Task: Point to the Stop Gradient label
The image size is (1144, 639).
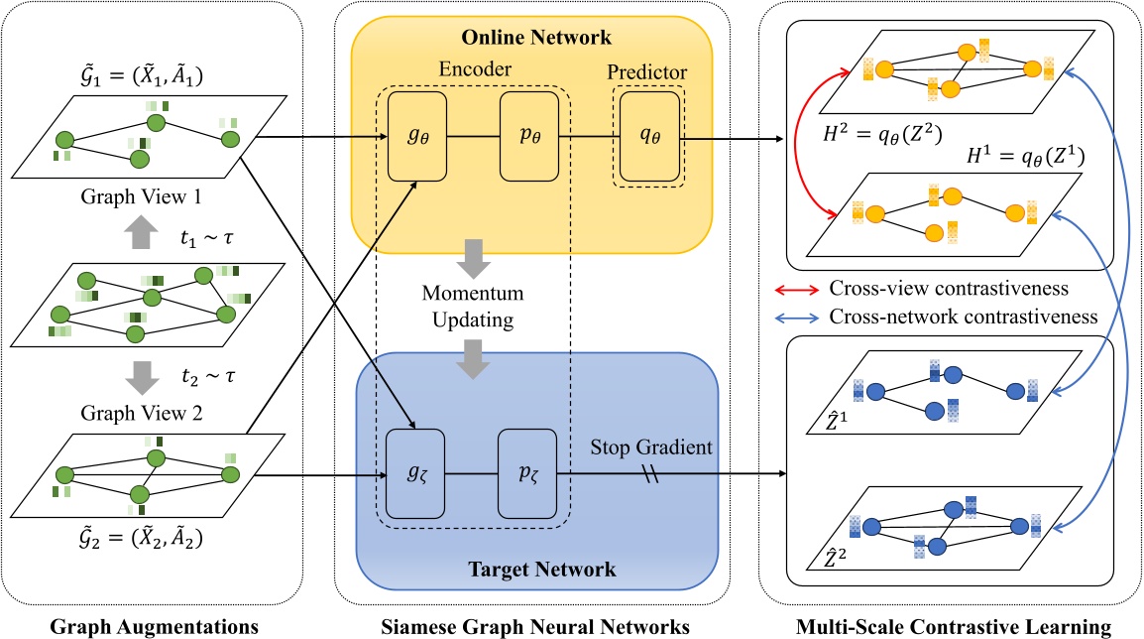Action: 651,447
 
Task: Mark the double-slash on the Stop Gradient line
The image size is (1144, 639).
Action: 652,475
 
